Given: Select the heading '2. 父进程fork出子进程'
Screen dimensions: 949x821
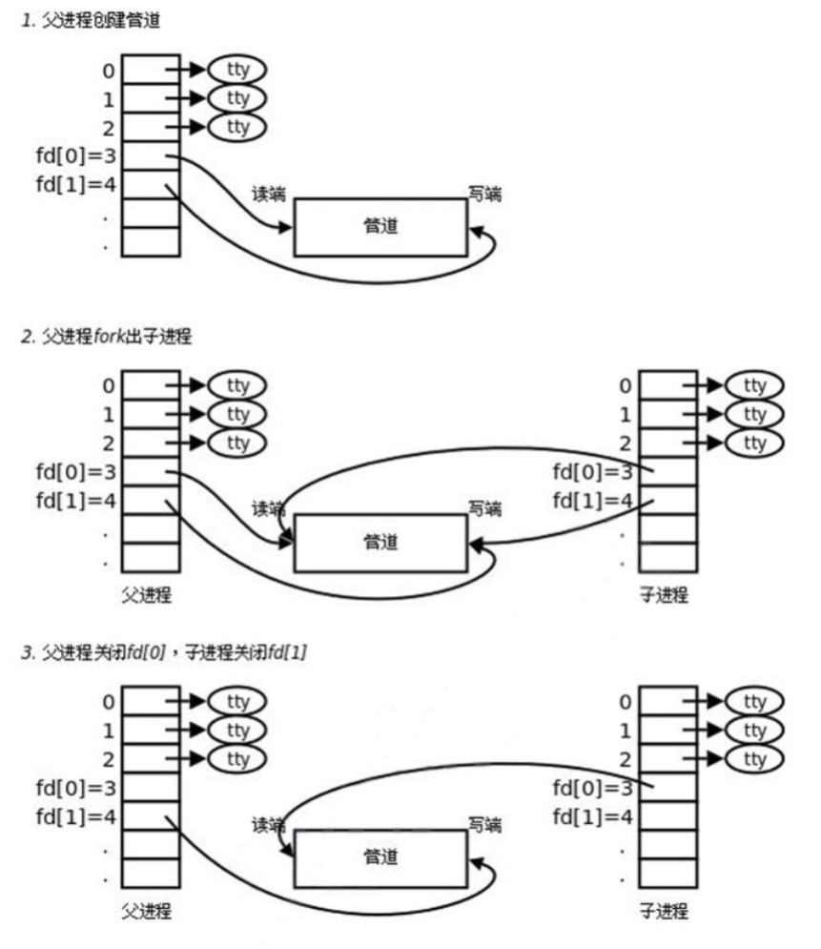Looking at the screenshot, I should pos(107,337).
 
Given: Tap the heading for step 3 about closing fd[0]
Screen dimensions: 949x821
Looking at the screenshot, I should pos(163,652).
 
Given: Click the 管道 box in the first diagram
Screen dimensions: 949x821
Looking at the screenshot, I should pos(380,227).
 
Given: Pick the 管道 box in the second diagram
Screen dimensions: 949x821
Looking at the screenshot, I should pos(380,543).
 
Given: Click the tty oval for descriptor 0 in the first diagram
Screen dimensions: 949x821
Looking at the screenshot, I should pos(237,69).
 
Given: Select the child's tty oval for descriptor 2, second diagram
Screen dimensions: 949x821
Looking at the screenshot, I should pos(754,444).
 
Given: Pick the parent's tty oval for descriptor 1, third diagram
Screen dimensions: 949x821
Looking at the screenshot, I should pos(237,731).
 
